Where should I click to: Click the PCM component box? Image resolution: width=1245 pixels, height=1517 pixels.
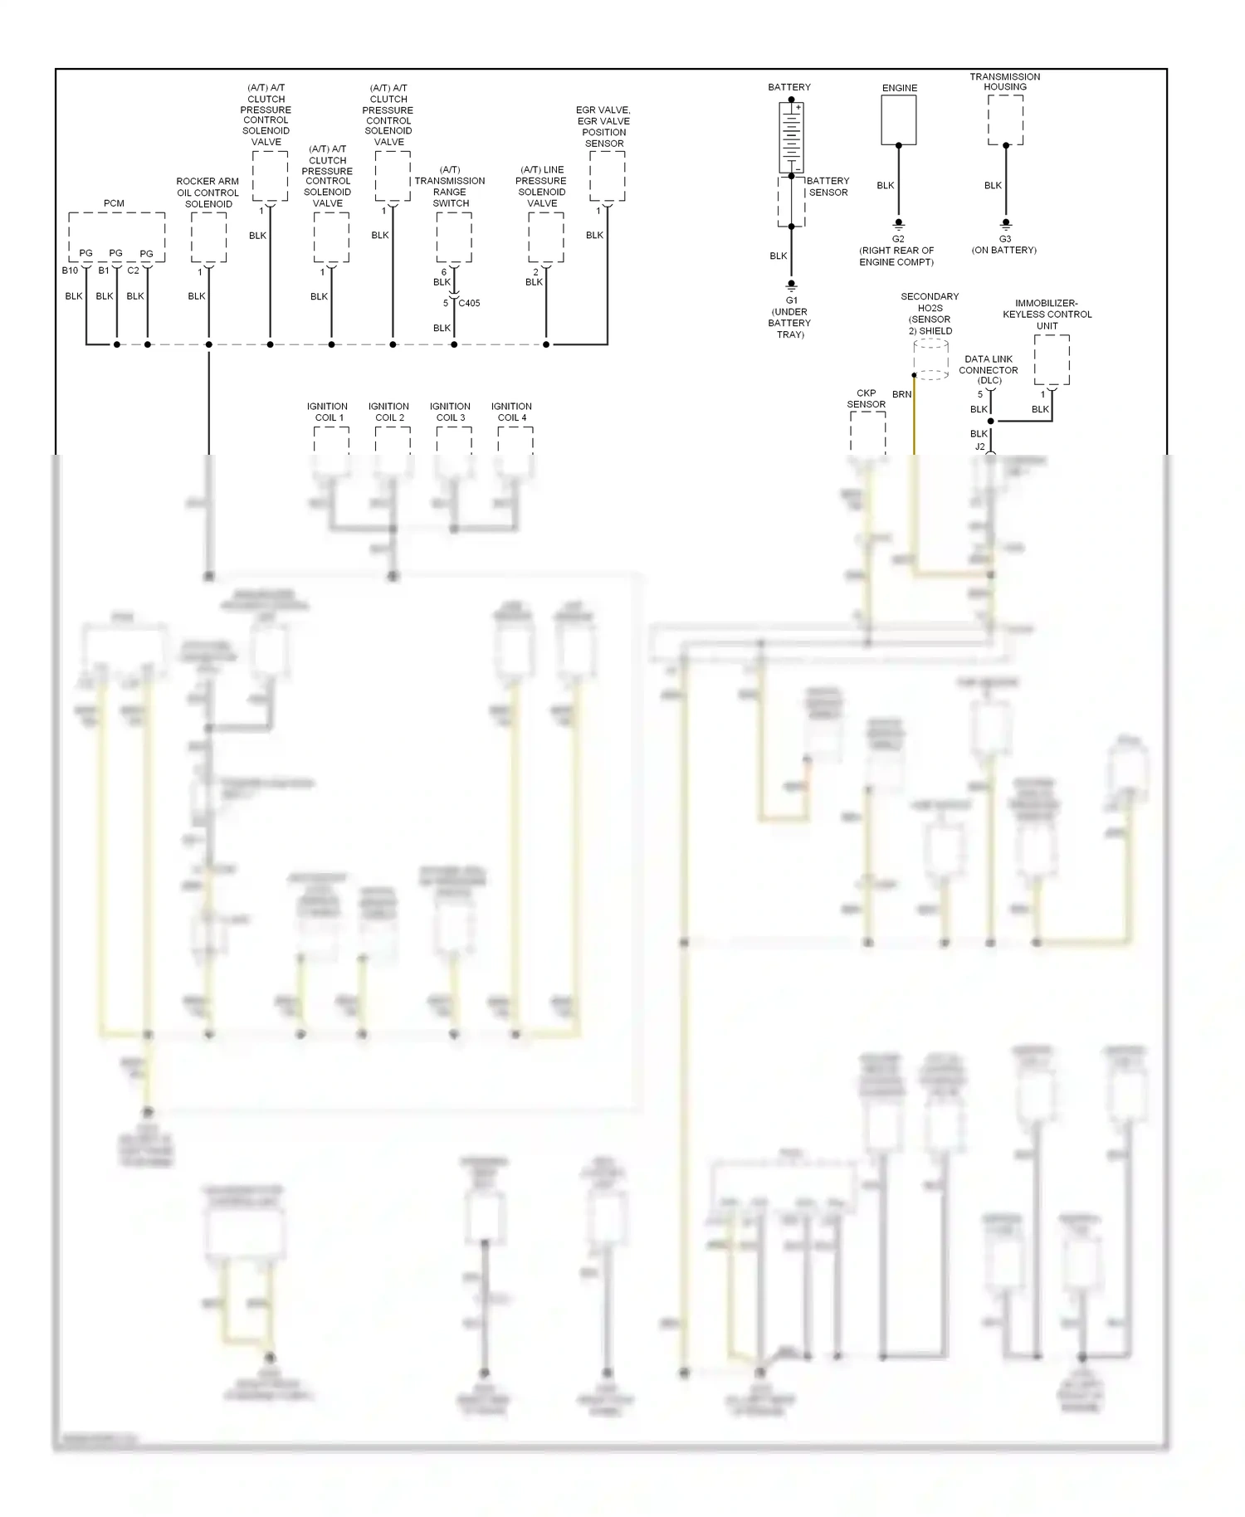[x=116, y=237]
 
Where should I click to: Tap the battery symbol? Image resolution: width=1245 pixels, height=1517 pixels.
[x=791, y=137]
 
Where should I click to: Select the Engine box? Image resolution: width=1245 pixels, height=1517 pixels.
[x=898, y=120]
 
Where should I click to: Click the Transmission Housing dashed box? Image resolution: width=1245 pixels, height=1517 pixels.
[x=1005, y=120]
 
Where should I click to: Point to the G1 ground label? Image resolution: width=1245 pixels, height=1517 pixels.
[x=791, y=300]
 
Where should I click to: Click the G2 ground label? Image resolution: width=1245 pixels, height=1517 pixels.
[x=898, y=239]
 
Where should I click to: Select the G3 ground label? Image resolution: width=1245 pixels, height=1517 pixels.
[x=1005, y=239]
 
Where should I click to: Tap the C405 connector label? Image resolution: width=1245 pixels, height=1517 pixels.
[x=469, y=303]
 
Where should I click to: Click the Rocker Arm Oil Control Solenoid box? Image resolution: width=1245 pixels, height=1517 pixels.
[x=208, y=237]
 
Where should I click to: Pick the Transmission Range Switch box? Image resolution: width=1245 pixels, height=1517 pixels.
[x=454, y=237]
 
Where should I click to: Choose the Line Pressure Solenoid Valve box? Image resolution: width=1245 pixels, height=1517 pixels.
[x=546, y=237]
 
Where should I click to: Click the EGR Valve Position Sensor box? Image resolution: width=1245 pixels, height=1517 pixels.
[x=608, y=176]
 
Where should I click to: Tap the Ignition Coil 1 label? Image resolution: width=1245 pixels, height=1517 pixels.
[x=328, y=412]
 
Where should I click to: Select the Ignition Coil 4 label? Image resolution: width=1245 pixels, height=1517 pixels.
[x=512, y=412]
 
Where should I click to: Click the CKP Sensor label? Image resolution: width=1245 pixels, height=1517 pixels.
[x=866, y=398]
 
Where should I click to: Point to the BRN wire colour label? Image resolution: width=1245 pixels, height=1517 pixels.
[x=901, y=394]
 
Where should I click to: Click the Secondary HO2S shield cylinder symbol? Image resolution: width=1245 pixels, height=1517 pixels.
[x=930, y=359]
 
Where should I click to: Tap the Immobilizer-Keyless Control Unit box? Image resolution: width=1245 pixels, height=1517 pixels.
[x=1052, y=359]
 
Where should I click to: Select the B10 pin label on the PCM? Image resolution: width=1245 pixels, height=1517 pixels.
[x=70, y=271]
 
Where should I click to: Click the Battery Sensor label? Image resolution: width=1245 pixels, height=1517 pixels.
[x=828, y=187]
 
